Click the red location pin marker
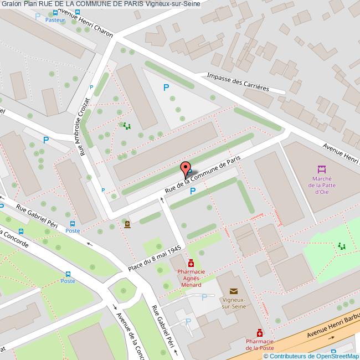pos(186,168)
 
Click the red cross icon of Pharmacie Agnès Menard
pos(191,263)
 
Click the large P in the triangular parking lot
pos(166,87)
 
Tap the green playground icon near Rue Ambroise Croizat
pos(127,126)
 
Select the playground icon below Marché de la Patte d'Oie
pos(342,246)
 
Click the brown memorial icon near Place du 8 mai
pos(127,224)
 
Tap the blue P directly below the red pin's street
pos(193,192)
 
